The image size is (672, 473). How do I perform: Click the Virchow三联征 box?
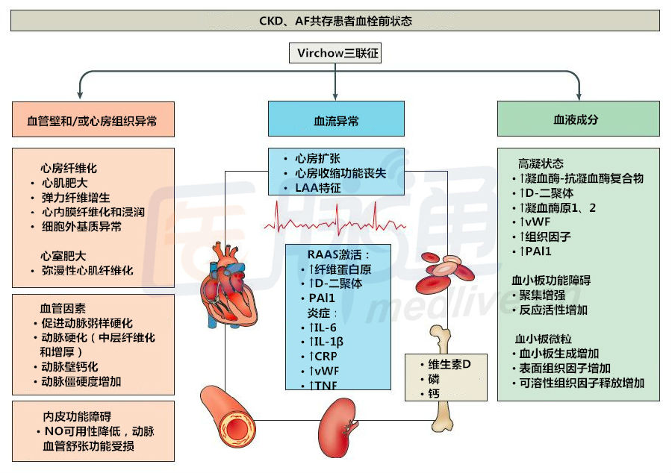(335, 53)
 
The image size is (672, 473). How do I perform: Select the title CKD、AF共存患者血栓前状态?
(335, 21)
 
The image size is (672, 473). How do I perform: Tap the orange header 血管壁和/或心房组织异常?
(93, 119)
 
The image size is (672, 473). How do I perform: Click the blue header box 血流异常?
(336, 119)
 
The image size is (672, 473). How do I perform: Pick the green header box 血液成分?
(579, 119)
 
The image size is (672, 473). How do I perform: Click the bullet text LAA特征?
(317, 188)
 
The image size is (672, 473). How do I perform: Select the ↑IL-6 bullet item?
(326, 327)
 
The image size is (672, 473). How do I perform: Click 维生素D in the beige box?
(448, 363)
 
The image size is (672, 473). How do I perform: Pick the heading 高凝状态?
(541, 163)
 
